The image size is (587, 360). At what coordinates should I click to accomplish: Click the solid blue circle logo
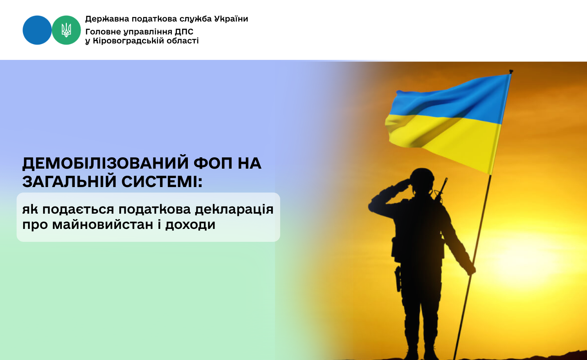click(37, 30)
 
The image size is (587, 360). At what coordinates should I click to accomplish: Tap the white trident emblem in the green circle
click(66, 30)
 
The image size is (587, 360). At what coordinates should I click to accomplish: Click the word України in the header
click(231, 19)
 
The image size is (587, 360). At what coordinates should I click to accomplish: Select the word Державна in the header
click(107, 19)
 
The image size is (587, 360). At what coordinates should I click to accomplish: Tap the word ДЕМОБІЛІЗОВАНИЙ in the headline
click(105, 163)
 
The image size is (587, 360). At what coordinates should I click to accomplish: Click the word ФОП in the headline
click(213, 163)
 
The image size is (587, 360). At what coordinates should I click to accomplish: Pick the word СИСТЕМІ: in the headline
click(162, 181)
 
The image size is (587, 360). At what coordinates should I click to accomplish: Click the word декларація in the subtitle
click(234, 210)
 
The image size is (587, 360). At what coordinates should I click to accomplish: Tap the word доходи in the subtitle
click(190, 225)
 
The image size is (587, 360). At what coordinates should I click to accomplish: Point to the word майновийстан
click(103, 225)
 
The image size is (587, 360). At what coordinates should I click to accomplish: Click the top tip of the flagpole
click(511, 71)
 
